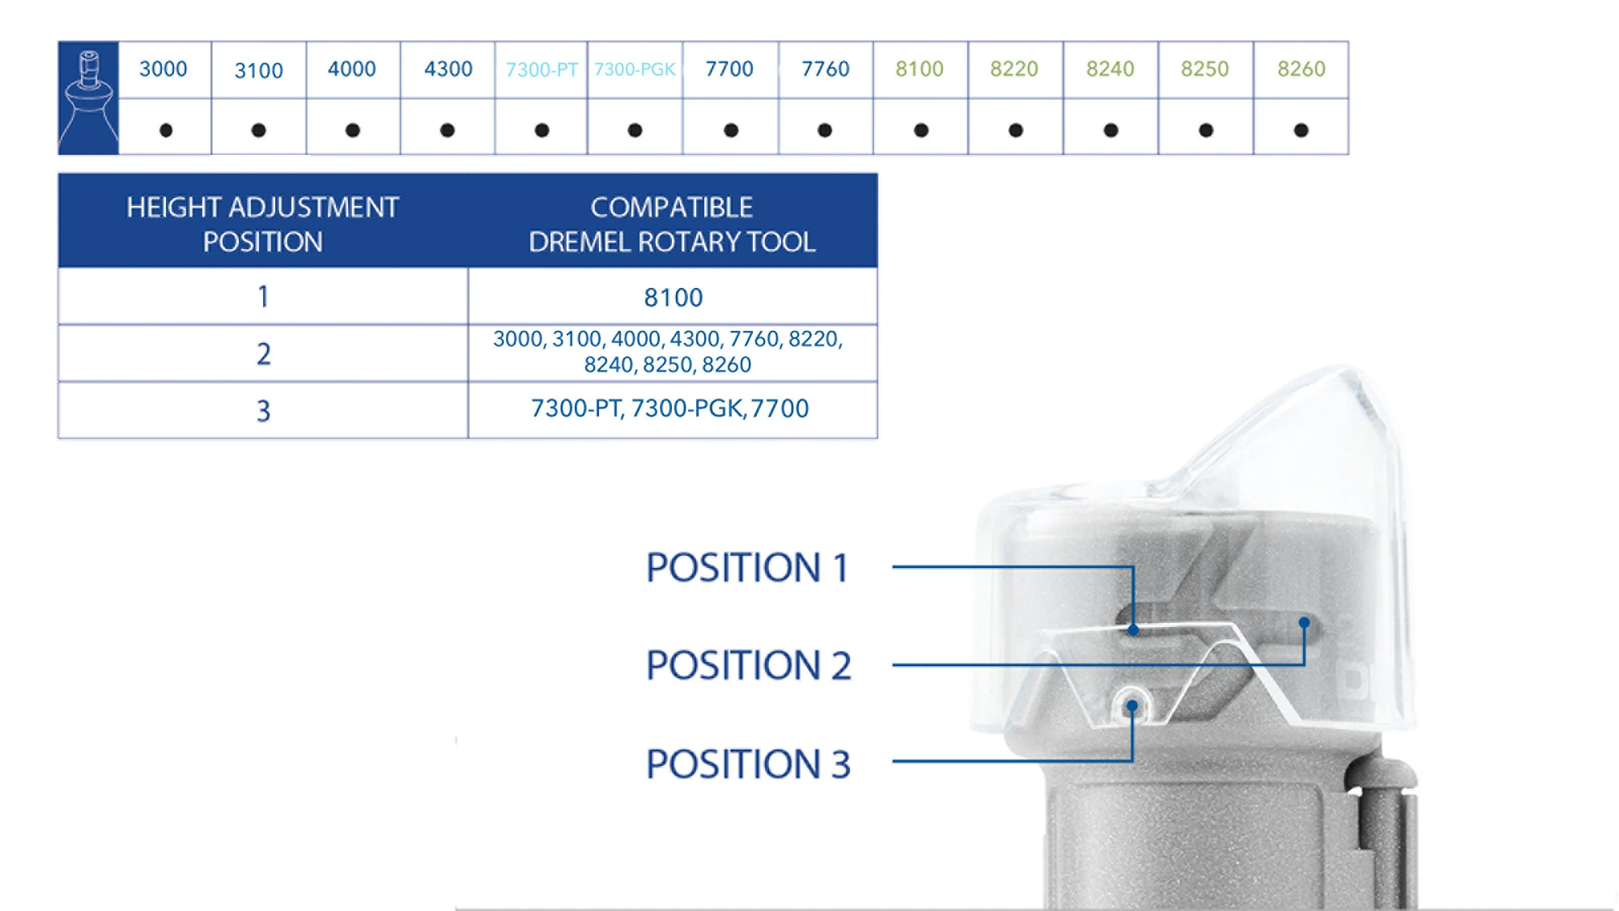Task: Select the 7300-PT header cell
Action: [541, 69]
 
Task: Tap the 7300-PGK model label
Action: [635, 69]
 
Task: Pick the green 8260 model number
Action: [1301, 68]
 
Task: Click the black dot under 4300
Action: [447, 130]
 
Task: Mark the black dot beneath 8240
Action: [1111, 130]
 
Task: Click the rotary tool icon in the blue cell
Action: [89, 98]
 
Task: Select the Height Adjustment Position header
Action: [263, 224]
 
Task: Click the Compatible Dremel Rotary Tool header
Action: [672, 224]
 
